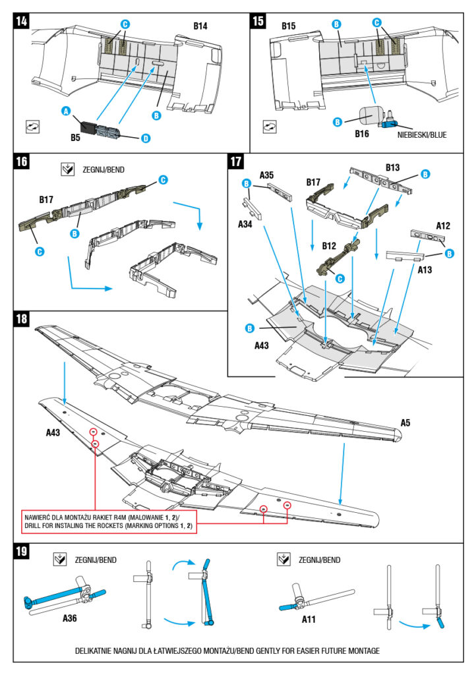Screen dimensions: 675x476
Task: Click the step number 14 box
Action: tap(23, 22)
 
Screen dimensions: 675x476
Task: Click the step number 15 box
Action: tap(259, 22)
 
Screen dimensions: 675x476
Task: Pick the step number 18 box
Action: tap(23, 319)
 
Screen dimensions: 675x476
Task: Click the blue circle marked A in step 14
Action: tap(66, 111)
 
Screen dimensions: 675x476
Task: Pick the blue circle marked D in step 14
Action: tap(145, 138)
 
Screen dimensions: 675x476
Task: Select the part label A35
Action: tap(267, 175)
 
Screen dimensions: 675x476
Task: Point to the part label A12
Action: tap(444, 225)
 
